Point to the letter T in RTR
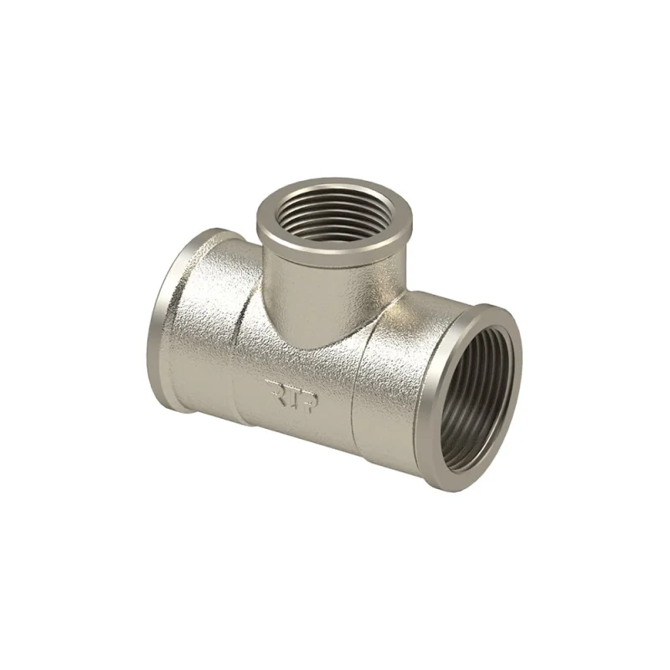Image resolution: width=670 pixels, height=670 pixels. pos(291,396)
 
